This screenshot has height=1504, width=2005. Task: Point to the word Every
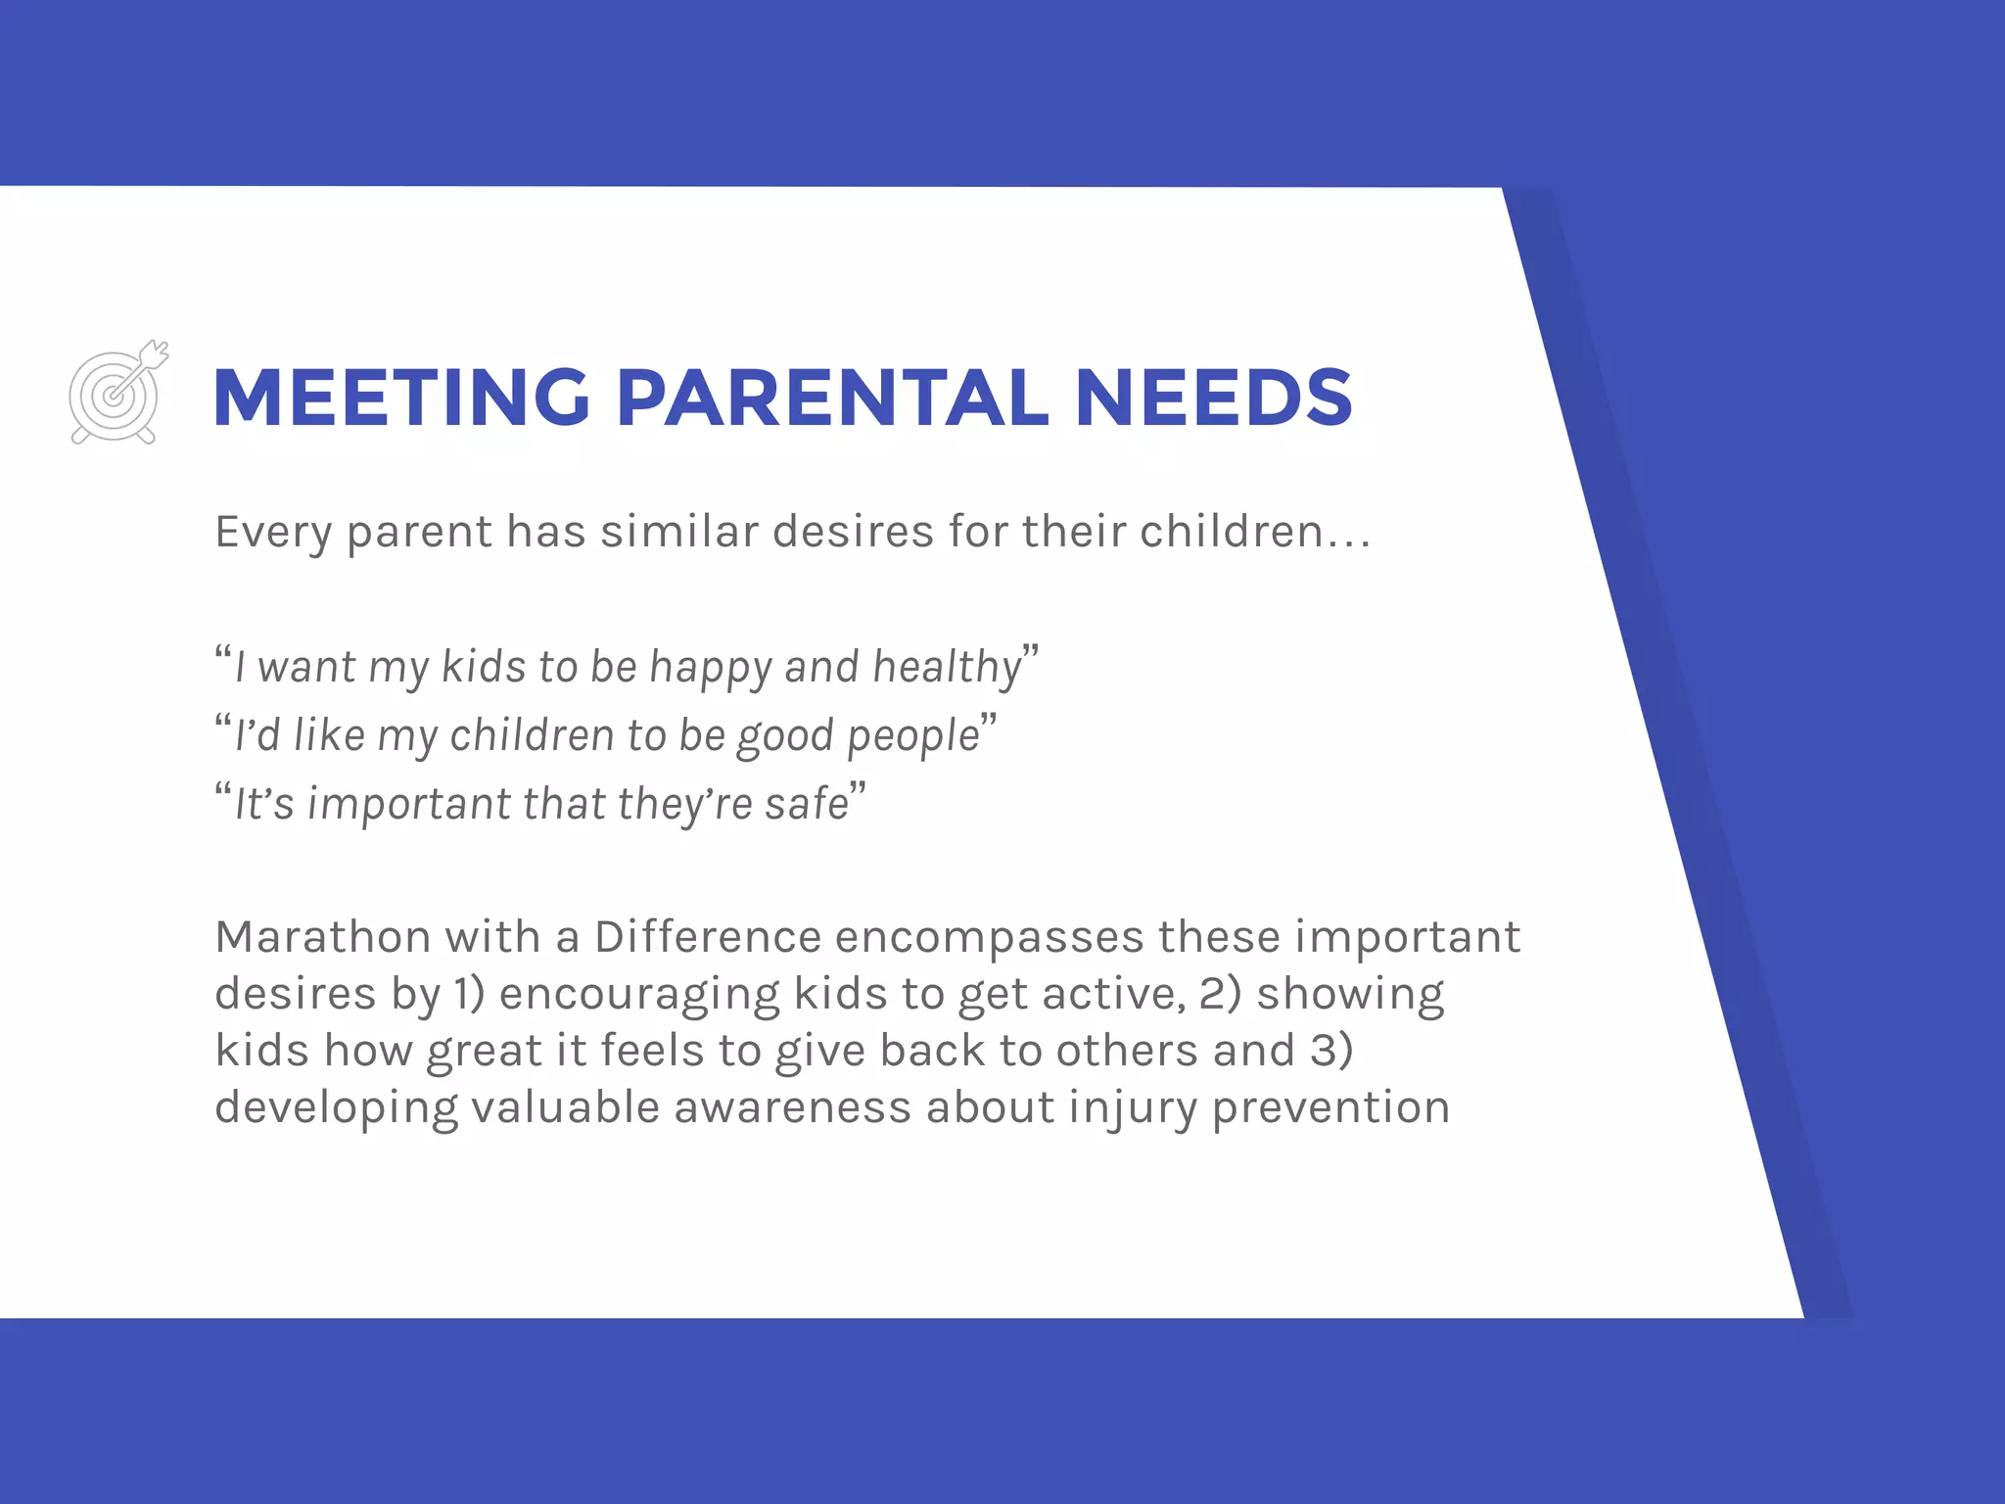click(x=273, y=533)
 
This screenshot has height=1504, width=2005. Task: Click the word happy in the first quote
click(x=711, y=668)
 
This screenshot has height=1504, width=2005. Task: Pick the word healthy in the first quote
click(x=947, y=668)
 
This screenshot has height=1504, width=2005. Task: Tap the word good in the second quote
click(x=785, y=736)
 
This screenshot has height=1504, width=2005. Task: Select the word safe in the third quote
click(x=807, y=804)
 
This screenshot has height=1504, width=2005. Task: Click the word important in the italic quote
click(x=409, y=805)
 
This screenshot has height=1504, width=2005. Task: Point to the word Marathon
click(x=322, y=937)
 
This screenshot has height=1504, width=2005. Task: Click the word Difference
click(x=707, y=937)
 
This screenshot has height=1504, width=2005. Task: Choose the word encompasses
click(x=989, y=937)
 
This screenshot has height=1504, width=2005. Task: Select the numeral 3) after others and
click(x=1331, y=1051)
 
